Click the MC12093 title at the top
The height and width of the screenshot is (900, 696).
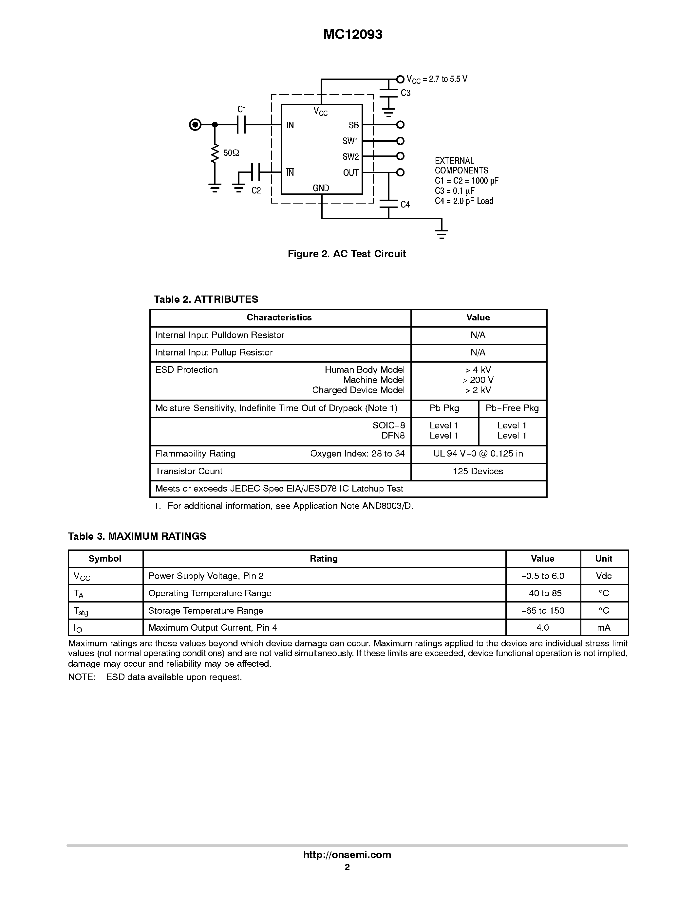pyautogui.click(x=352, y=35)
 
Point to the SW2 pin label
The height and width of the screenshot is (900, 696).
pyautogui.click(x=350, y=156)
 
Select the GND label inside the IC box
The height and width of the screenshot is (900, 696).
pyautogui.click(x=321, y=188)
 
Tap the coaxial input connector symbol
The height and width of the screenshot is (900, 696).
pyautogui.click(x=195, y=124)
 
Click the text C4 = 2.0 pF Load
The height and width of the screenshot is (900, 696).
pyautogui.click(x=464, y=201)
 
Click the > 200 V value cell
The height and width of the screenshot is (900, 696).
pyautogui.click(x=478, y=380)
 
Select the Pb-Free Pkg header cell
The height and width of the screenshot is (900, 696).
pyautogui.click(x=512, y=408)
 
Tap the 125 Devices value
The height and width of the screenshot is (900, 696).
pyautogui.click(x=478, y=471)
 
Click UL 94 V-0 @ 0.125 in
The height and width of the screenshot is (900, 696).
pyautogui.click(x=478, y=453)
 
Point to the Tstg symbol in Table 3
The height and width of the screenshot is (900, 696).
pyautogui.click(x=81, y=611)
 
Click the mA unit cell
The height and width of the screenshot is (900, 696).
pyautogui.click(x=604, y=628)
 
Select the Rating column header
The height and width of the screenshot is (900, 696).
pyautogui.click(x=324, y=558)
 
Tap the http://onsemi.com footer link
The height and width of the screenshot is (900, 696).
pyautogui.click(x=347, y=855)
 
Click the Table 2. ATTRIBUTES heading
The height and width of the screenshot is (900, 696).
pyautogui.click(x=206, y=299)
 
